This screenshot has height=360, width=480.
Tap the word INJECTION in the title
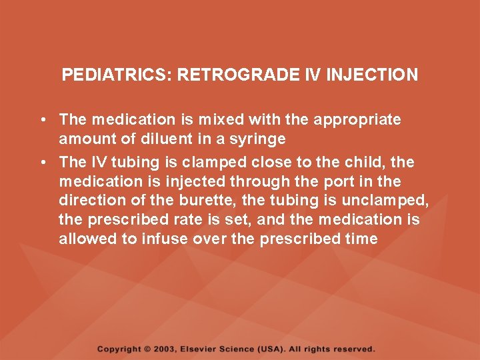[x=372, y=74]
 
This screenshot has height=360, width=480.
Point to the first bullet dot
[x=42, y=120]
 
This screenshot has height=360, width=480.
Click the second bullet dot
[x=42, y=162]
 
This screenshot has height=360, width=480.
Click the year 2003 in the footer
[x=165, y=349]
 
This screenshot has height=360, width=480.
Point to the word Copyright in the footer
[x=119, y=349]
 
